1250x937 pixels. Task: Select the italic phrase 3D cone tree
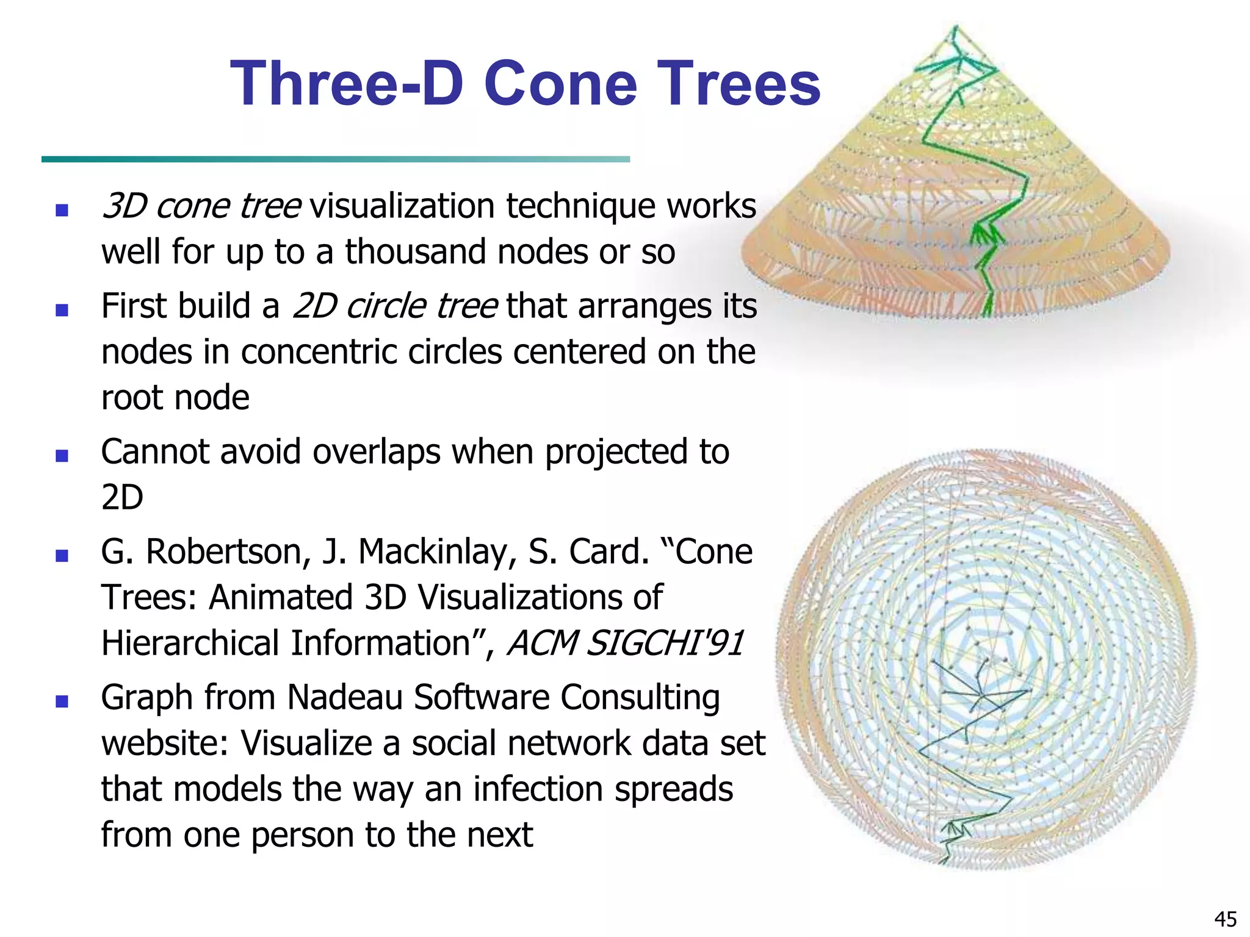tap(201, 206)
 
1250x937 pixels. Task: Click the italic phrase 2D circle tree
tap(394, 306)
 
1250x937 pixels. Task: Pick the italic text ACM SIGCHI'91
tap(625, 643)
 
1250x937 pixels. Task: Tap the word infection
tap(539, 789)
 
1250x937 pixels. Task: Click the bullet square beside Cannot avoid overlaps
tap(62, 456)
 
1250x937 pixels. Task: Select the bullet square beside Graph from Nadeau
tap(62, 701)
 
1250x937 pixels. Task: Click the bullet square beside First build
tap(62, 310)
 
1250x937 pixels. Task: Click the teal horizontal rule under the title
tap(335, 159)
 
